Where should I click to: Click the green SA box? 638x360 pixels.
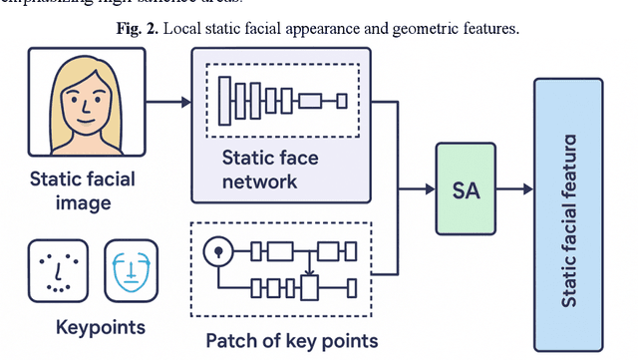pyautogui.click(x=466, y=187)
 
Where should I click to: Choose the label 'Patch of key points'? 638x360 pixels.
pyautogui.click(x=291, y=341)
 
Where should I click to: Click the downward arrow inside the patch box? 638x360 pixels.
pyautogui.click(x=311, y=267)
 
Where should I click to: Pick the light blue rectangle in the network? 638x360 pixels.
pyautogui.click(x=310, y=101)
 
